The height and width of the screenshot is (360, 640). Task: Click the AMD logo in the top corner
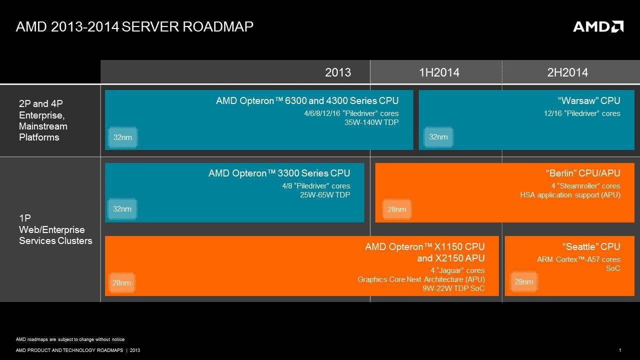tap(598, 26)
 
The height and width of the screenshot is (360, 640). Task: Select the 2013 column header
tap(338, 72)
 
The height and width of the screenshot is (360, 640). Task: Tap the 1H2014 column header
tap(439, 72)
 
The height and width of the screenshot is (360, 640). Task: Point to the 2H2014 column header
tap(567, 72)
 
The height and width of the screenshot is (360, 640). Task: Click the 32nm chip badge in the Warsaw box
tap(438, 137)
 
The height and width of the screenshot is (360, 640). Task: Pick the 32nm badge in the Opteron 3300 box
tap(122, 209)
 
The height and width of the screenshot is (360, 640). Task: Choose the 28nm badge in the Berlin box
tap(396, 209)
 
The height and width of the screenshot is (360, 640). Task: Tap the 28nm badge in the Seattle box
tap(523, 282)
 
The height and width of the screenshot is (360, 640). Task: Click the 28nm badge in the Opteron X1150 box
tap(122, 283)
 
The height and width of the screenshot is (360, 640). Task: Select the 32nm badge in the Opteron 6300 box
tap(122, 137)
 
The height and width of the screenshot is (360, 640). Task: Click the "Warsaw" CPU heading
tap(589, 101)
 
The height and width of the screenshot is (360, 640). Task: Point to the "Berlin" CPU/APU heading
tap(583, 173)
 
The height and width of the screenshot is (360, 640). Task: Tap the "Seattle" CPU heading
tap(591, 246)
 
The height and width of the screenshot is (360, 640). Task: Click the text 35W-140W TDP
tap(371, 122)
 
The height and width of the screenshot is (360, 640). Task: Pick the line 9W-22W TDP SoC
tap(453, 288)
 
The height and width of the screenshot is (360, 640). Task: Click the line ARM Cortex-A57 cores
tap(578, 259)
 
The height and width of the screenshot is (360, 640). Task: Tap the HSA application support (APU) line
tap(570, 194)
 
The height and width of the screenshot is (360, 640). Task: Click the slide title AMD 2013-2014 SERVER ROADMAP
tap(135, 26)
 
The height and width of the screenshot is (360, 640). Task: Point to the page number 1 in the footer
tap(620, 350)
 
